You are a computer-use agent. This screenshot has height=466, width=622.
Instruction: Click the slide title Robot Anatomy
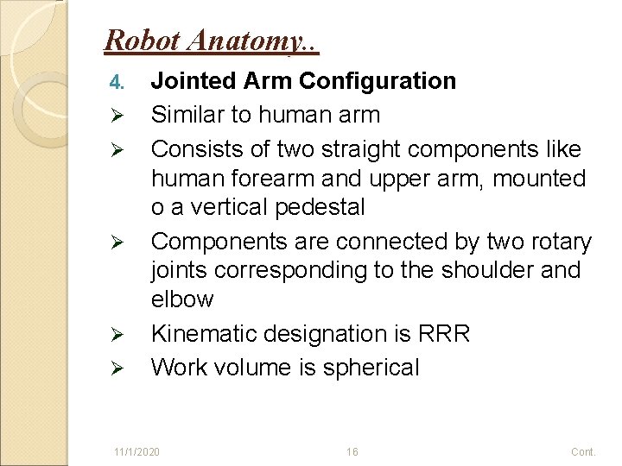pos(211,40)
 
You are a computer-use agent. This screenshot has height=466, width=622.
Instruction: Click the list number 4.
pos(118,83)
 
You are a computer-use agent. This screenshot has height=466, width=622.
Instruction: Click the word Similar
pos(188,114)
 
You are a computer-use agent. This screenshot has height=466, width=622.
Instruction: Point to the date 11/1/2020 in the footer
pos(136,451)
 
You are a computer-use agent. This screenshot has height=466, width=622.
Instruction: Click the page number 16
pos(352,451)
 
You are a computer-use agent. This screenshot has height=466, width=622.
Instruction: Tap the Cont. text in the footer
pos(583,451)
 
